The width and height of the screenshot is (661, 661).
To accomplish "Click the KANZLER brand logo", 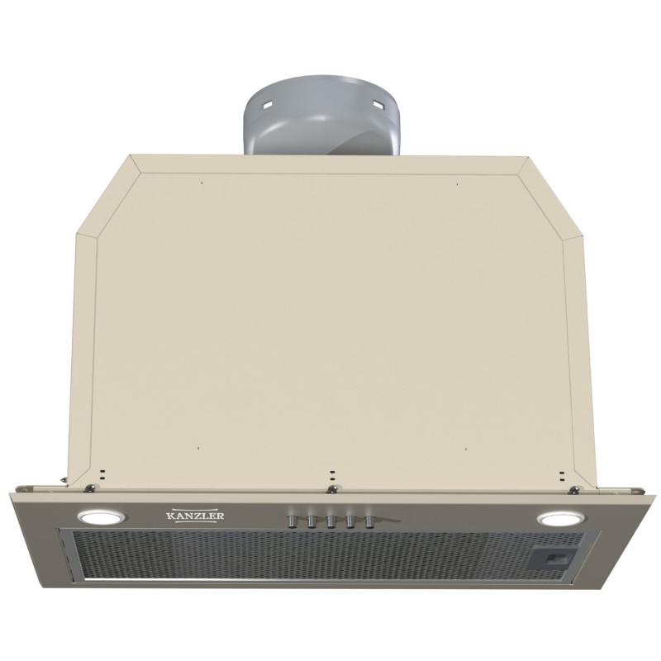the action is click(195, 516).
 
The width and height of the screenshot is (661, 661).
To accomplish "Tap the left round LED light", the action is click(100, 516).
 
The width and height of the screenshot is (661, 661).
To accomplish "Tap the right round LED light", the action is click(560, 519).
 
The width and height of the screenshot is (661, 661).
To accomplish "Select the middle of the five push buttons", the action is click(330, 522).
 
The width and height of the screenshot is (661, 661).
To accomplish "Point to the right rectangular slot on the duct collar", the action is click(379, 103).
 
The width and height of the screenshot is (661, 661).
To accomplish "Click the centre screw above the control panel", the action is click(333, 488).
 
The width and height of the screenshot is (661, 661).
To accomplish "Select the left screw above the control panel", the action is click(90, 488).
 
